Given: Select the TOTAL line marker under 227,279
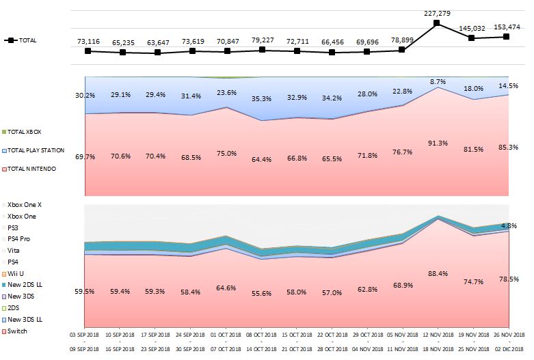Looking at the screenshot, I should click(436, 23).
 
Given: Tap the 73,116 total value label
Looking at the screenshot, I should click(88, 42).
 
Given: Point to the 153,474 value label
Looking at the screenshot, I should click(506, 27).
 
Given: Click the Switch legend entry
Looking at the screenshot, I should click(18, 331).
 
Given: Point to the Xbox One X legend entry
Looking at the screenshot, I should click(25, 204).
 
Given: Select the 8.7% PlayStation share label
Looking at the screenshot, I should click(438, 81).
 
